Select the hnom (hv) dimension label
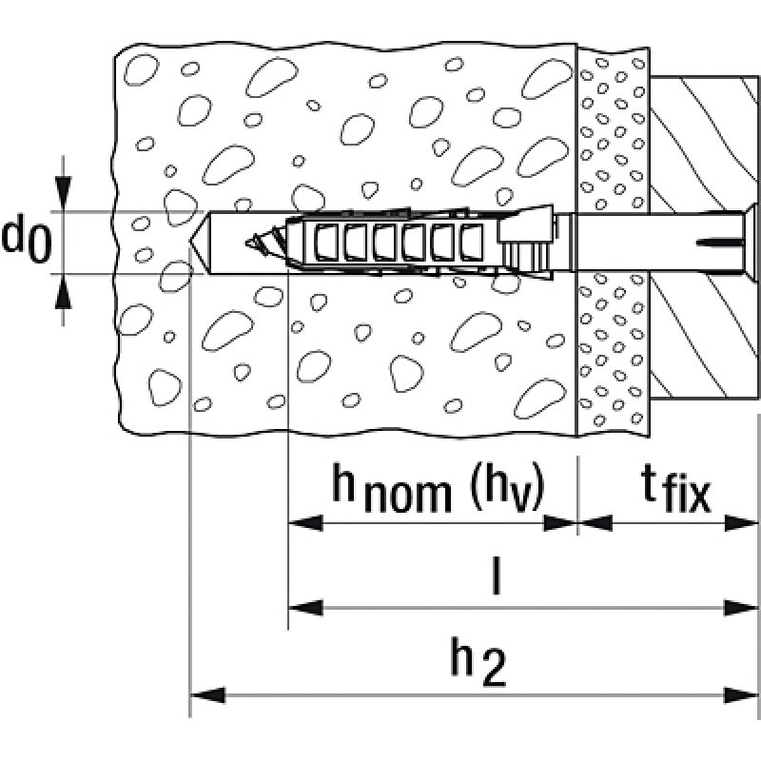[x=437, y=488]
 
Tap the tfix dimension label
[x=674, y=490]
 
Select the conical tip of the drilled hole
[x=201, y=243]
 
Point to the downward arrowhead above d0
[x=63, y=195]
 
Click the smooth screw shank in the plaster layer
[x=614, y=242]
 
